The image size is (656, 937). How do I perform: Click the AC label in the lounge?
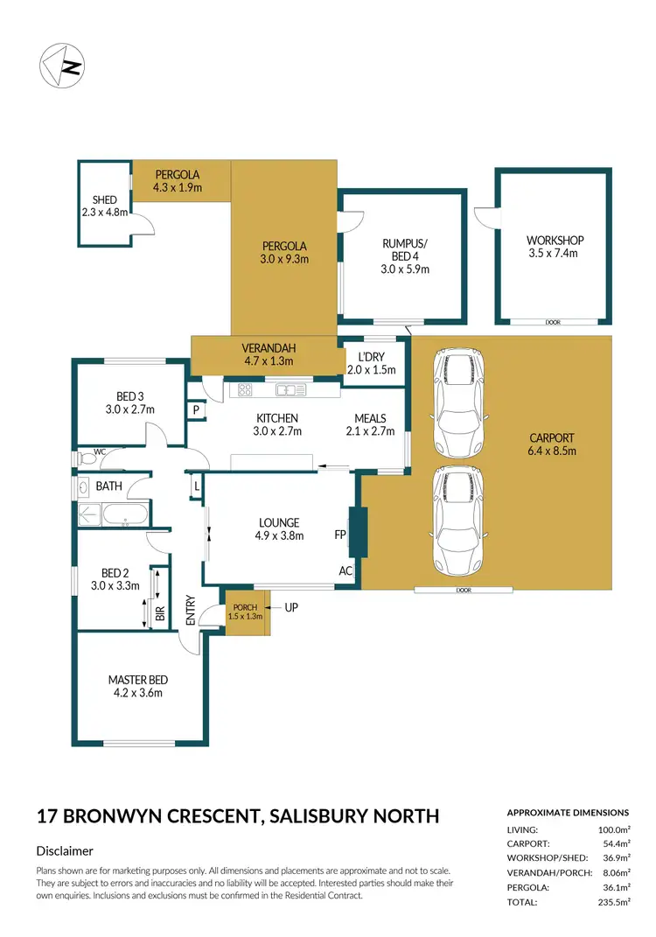click(x=345, y=570)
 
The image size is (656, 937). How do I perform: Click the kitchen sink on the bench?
click(x=287, y=390)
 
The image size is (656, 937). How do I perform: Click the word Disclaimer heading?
click(x=65, y=850)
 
